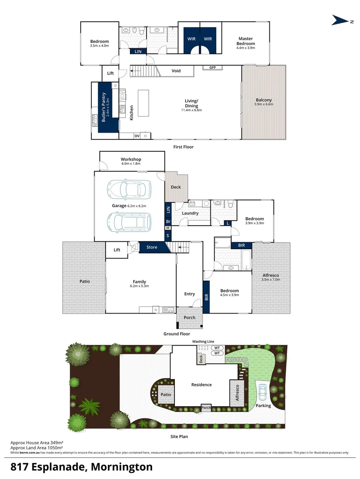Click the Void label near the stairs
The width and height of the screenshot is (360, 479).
[x=176, y=71]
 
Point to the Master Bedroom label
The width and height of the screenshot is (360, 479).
[x=246, y=41]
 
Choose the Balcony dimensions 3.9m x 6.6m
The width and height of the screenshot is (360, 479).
[x=264, y=105]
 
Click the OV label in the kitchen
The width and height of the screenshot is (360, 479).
[x=137, y=136]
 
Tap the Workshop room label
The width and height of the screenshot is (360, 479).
[x=131, y=160]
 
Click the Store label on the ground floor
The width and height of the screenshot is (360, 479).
[x=152, y=247]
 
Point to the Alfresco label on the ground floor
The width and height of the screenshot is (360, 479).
[x=270, y=275]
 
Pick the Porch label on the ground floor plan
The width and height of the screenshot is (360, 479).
[x=189, y=318]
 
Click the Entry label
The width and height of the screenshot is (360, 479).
[x=190, y=294]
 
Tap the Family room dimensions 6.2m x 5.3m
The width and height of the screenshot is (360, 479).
[x=140, y=286]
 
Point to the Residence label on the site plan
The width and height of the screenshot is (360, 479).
[x=202, y=385]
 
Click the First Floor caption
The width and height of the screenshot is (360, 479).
[x=183, y=147]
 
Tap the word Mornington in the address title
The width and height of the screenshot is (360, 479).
[x=122, y=467]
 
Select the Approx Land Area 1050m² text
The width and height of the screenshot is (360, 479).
[x=37, y=448]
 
